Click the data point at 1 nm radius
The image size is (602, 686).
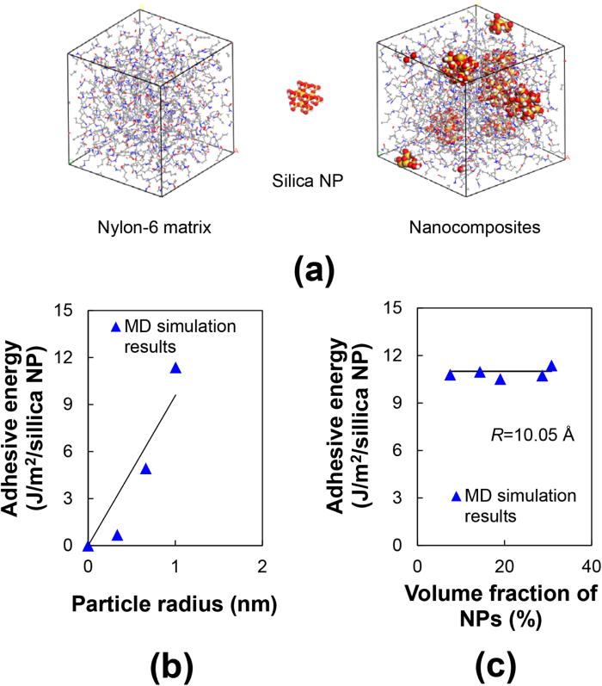(175, 368)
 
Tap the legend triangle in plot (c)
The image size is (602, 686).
(457, 497)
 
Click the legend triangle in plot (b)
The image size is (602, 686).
(117, 327)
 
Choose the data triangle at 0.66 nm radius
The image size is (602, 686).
(146, 469)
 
